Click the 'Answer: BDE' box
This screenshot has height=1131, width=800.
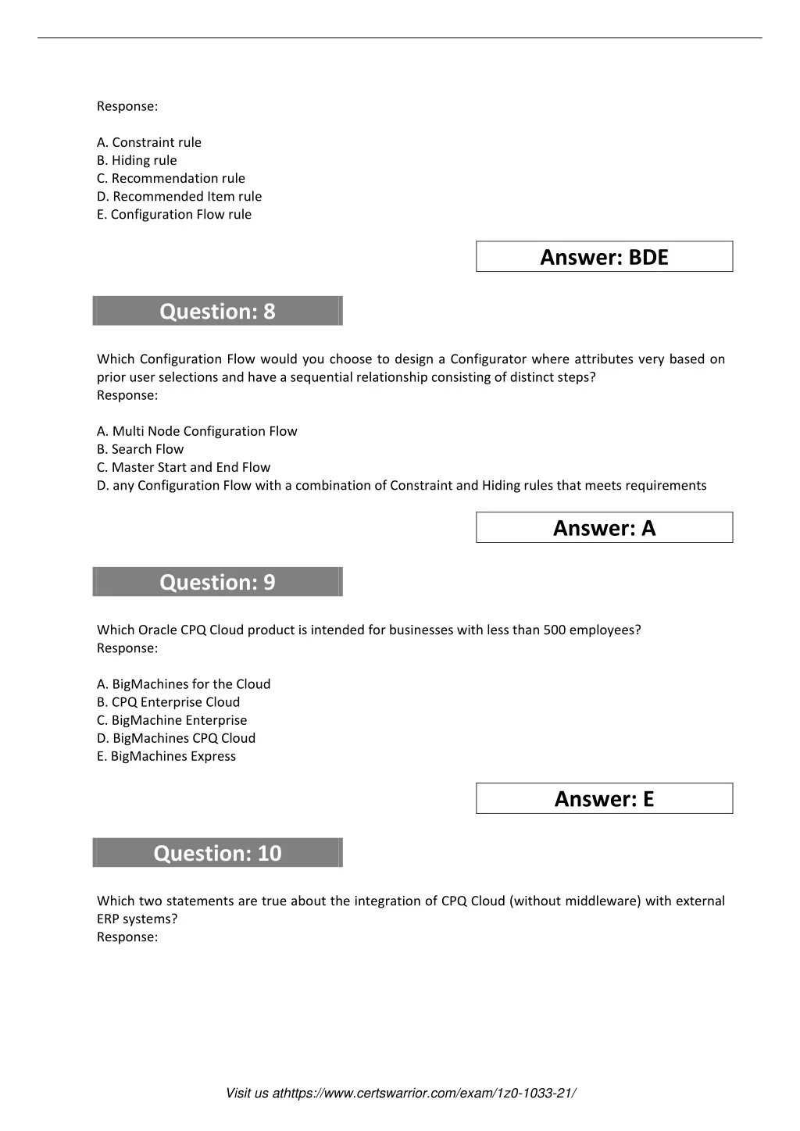604,257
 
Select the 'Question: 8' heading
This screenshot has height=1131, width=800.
217,311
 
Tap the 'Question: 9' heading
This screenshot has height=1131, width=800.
217,582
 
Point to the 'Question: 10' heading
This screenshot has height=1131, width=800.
217,853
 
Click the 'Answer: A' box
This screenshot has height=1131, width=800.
604,528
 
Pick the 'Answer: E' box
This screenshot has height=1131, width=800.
604,799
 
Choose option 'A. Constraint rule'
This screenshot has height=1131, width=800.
149,142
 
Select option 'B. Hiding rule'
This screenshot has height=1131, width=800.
137,160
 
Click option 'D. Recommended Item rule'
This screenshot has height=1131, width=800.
180,196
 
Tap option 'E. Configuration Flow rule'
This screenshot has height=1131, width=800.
174,214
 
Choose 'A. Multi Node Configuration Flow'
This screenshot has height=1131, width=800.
197,431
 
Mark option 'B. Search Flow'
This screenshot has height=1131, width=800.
141,449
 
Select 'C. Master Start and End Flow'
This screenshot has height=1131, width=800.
184,467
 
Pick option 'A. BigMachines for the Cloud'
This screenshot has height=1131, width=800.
184,684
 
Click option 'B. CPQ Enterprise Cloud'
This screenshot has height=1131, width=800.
168,702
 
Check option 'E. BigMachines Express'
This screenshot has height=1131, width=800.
166,756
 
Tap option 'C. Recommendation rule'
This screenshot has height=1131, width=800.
171,178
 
